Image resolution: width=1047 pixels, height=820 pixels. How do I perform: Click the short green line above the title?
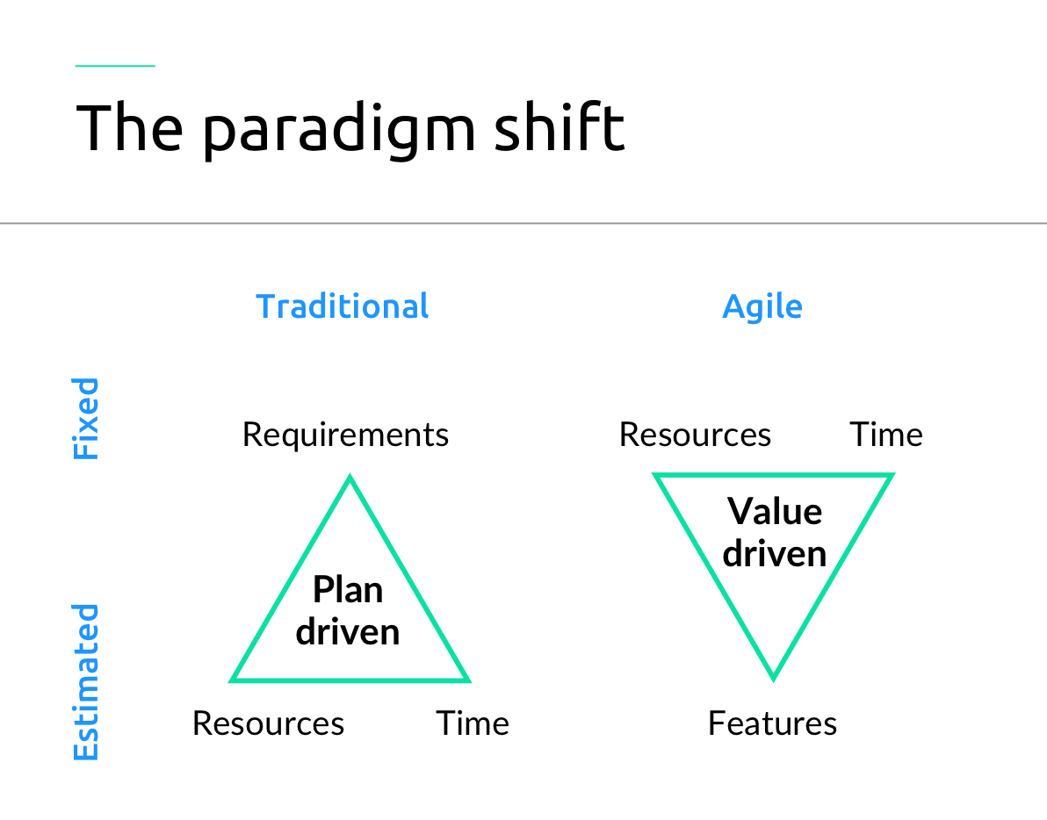[x=115, y=66]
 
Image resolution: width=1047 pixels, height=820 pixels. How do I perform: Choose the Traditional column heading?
[x=343, y=306]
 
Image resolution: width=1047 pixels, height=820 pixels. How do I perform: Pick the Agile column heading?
[x=762, y=306]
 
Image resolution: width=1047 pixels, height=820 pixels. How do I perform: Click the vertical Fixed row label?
[x=86, y=419]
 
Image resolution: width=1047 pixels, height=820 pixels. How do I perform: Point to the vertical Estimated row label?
[x=86, y=682]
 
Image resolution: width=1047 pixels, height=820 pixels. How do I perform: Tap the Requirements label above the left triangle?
[x=345, y=435]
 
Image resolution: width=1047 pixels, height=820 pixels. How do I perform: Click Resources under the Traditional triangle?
[x=268, y=723]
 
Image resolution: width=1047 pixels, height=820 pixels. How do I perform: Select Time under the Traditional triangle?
[x=473, y=723]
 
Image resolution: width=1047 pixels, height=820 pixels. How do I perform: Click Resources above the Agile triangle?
[x=695, y=435]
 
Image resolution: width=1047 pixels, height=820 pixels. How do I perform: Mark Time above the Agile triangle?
[x=885, y=435]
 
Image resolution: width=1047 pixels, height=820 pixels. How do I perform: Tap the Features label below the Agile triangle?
[x=772, y=723]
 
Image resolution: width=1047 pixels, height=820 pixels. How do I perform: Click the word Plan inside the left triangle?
[x=348, y=590]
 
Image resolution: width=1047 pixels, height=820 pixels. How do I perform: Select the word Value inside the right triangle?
[x=775, y=511]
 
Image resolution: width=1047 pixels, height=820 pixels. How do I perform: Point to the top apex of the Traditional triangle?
[x=350, y=479]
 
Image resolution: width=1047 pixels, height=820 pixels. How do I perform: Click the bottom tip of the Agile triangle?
[x=773, y=676]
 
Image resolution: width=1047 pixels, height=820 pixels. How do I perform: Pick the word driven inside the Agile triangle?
[x=775, y=553]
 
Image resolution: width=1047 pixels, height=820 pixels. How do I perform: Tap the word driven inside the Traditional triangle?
[x=348, y=631]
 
